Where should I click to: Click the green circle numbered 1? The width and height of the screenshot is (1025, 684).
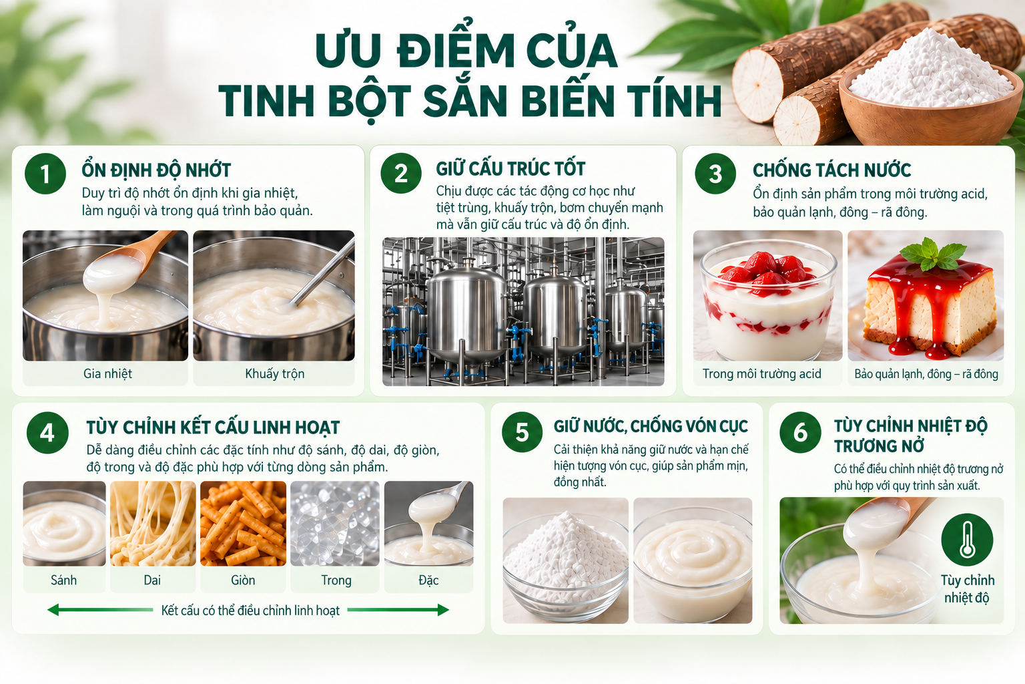(45, 174)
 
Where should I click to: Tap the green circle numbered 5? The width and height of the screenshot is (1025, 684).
(522, 432)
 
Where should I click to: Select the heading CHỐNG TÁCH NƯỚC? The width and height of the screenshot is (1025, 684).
(831, 170)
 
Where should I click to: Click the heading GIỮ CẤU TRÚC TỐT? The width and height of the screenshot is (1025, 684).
(510, 168)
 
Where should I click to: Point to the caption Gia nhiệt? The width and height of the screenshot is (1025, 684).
(107, 374)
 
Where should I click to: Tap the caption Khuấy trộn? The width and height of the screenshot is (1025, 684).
(274, 374)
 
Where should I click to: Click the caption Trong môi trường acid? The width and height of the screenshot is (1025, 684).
(762, 374)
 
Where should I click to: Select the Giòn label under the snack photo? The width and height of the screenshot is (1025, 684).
(243, 580)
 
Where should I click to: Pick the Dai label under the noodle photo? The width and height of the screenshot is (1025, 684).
(152, 580)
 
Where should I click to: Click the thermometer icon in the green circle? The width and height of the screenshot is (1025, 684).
(967, 539)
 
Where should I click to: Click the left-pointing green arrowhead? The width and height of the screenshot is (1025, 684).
(53, 610)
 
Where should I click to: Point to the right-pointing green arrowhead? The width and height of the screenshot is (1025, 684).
(443, 610)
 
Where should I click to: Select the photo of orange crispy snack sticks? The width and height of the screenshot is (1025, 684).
(243, 523)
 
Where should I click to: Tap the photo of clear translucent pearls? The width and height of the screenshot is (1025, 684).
(335, 523)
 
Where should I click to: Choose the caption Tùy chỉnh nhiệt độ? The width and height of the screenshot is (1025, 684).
(968, 588)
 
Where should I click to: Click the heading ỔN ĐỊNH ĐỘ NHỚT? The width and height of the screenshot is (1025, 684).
(156, 170)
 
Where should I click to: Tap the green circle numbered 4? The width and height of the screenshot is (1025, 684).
(47, 433)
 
